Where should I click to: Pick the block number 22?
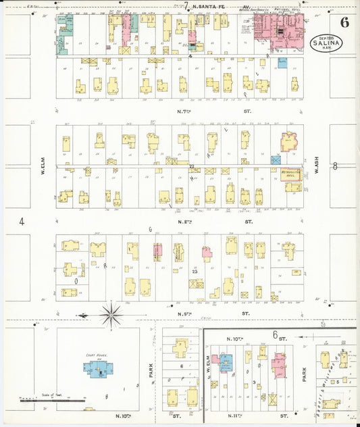[x=192, y=166]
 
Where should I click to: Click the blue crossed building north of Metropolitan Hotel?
[x=276, y=160]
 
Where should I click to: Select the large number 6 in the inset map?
[x=275, y=334]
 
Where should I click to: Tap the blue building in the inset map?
[x=226, y=362]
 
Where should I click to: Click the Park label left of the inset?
[x=151, y=372]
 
